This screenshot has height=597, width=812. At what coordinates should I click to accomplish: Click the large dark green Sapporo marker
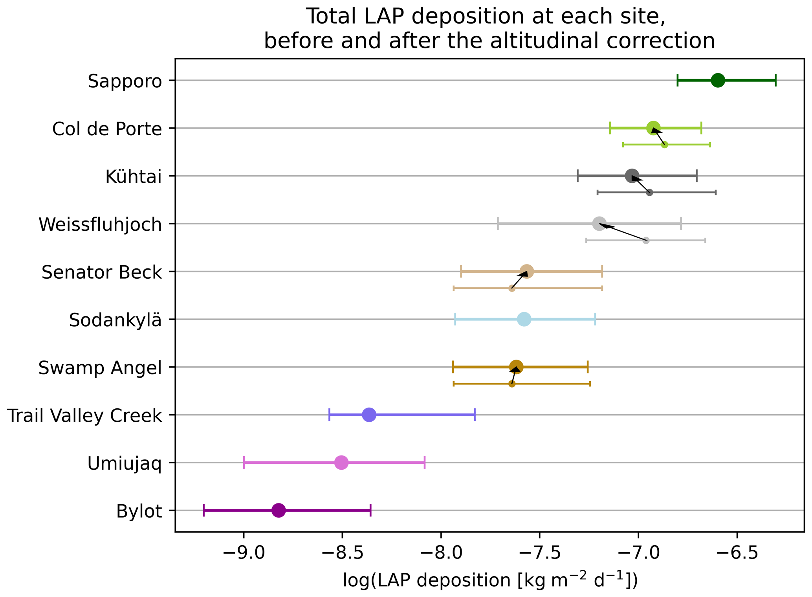click(x=718, y=80)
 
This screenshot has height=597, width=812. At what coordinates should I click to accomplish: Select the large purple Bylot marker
click(x=279, y=510)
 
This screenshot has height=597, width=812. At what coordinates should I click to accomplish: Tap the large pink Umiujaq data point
click(x=341, y=462)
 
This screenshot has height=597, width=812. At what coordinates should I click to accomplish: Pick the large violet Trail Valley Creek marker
click(x=369, y=415)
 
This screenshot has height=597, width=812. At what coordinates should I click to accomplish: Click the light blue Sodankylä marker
click(x=524, y=319)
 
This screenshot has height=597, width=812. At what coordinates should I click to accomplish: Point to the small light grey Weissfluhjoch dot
click(x=646, y=240)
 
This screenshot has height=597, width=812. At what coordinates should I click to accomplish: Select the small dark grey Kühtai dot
click(x=649, y=192)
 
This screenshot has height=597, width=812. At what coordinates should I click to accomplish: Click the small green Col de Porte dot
click(x=664, y=145)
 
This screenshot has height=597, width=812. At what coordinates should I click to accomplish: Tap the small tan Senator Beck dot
click(x=512, y=288)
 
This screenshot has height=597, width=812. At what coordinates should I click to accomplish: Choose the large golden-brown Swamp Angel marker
click(x=516, y=367)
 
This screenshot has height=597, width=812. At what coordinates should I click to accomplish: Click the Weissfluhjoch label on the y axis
click(x=100, y=224)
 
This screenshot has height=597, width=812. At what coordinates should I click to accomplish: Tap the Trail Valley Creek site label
click(x=84, y=415)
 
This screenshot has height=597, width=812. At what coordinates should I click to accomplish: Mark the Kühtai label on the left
click(x=134, y=177)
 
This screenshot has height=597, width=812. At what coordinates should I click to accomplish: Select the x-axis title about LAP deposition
click(x=490, y=581)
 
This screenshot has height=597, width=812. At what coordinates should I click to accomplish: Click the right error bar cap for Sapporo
click(x=775, y=80)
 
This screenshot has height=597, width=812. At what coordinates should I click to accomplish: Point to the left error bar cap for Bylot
click(x=203, y=510)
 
